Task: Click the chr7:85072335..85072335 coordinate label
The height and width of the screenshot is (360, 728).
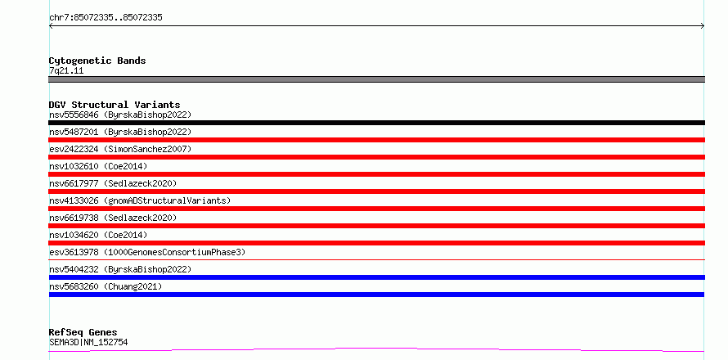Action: point(106,18)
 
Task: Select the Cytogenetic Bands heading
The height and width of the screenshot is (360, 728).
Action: point(97,61)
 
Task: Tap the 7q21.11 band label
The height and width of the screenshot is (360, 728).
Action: point(66,71)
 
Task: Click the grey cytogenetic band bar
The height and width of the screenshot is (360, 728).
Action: point(376,79)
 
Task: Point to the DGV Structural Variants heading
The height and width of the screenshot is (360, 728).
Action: point(115,105)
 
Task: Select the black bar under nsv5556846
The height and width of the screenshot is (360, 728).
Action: point(376,123)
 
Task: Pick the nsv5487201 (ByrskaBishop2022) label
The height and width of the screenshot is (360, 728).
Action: point(120,132)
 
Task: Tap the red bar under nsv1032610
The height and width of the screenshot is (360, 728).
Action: point(376,174)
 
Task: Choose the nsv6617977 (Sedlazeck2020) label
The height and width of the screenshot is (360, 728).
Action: point(113,183)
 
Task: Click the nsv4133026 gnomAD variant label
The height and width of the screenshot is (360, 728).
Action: point(140,200)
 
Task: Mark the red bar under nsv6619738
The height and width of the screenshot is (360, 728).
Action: point(376,226)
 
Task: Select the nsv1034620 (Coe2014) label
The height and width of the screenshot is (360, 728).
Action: point(98,235)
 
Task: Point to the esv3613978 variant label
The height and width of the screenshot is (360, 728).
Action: point(147,252)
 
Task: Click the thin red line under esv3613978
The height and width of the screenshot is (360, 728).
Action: point(376,260)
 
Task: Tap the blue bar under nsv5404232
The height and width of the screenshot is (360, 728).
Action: point(376,277)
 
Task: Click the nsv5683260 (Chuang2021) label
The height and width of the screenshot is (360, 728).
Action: point(106,286)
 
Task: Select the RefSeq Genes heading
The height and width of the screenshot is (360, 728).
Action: point(83,333)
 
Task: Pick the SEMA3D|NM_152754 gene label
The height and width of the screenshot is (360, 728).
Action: point(88,343)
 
